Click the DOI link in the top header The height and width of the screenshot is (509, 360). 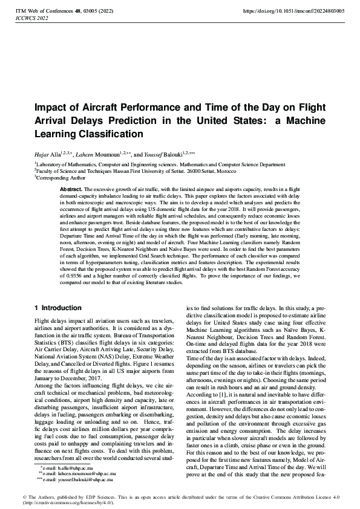302,11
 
